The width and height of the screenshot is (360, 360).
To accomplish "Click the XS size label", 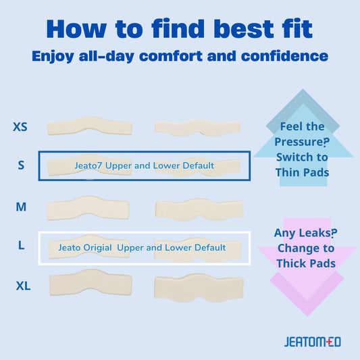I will tap(20, 126).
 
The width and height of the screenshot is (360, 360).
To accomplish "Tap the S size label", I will tap(21, 165).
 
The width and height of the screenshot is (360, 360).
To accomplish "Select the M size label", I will tap(21, 207).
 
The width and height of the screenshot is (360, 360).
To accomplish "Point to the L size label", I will tap(21, 247).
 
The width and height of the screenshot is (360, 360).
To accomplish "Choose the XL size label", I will tap(23, 286).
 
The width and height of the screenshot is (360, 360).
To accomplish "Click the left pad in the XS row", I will tap(78, 127).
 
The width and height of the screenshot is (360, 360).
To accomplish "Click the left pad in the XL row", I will tap(78, 284).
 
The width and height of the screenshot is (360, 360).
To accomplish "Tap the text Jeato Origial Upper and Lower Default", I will tap(142, 248).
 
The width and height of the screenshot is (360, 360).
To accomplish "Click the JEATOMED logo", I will tap(312, 341).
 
